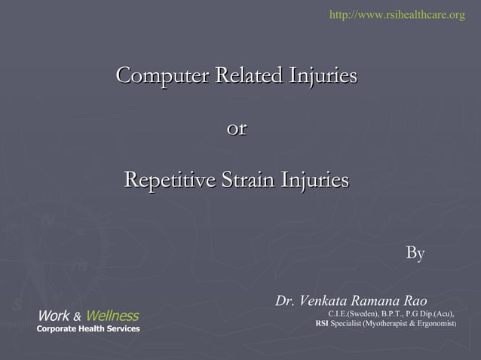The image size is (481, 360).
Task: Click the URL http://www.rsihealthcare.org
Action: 397,14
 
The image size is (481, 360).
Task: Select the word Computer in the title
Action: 162,76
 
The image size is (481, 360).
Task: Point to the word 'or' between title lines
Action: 237,129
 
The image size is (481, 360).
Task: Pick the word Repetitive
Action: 167,181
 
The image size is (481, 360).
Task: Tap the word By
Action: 415,254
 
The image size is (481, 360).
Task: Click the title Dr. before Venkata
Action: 285,301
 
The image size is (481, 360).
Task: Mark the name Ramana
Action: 379,301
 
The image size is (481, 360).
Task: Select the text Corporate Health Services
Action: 88,329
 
